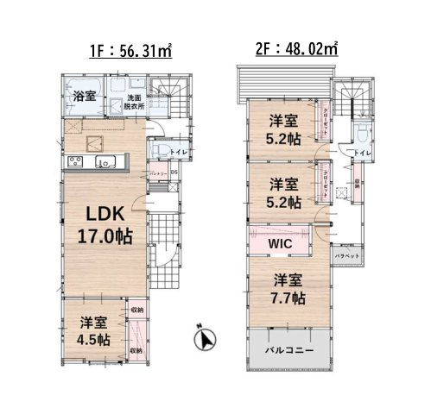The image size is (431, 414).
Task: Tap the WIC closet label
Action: point(280,243)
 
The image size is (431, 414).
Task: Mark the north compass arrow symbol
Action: point(206,340)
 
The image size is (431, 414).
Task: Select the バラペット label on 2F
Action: point(349,256)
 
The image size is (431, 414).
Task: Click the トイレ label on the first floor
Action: point(177,153)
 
